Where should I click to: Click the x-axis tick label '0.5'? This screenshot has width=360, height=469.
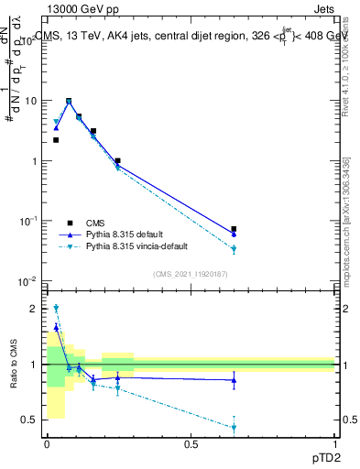pyautogui.click(x=191, y=444)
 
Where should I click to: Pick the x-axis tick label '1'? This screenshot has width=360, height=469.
pyautogui.click(x=335, y=444)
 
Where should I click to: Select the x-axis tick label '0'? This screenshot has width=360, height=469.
pyautogui.click(x=47, y=444)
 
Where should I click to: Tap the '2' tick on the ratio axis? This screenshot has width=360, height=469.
pyautogui.click(x=36, y=309)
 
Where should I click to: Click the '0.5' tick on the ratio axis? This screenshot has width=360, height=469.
pyautogui.click(x=31, y=420)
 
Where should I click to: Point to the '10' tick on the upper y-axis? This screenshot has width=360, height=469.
pyautogui.click(x=31, y=101)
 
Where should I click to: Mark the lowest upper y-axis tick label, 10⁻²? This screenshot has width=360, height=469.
pyautogui.click(x=30, y=280)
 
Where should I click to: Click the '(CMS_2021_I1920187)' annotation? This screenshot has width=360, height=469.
pyautogui.click(x=191, y=273)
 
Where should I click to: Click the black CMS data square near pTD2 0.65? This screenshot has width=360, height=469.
pyautogui.click(x=234, y=229)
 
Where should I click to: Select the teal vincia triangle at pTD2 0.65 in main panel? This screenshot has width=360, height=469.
pyautogui.click(x=234, y=249)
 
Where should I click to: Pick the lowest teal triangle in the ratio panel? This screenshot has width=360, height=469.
pyautogui.click(x=234, y=428)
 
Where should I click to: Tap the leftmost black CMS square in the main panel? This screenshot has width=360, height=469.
pyautogui.click(x=56, y=140)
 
